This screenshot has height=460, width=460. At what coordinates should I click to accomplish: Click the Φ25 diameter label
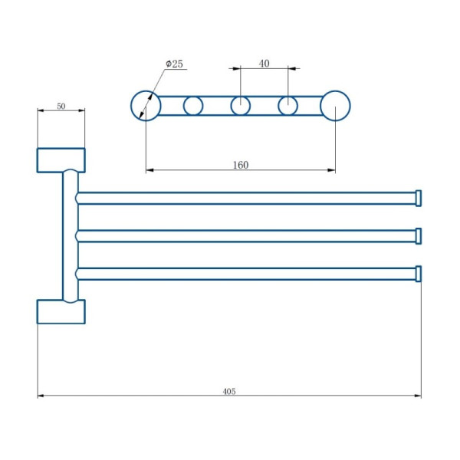[174, 64]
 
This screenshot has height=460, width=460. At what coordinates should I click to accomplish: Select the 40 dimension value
[264, 64]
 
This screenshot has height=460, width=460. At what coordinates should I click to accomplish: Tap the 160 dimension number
[241, 165]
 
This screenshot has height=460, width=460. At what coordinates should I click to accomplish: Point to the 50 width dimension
[61, 106]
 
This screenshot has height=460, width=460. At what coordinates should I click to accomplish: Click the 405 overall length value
[229, 391]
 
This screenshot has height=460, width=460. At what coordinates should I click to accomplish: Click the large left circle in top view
[131, 106]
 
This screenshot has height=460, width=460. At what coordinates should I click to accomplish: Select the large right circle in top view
[350, 106]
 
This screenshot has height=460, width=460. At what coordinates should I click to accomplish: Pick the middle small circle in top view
[232, 106]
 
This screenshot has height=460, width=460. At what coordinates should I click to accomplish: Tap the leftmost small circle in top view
[184, 106]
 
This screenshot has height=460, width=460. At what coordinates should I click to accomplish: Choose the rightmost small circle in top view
[278, 106]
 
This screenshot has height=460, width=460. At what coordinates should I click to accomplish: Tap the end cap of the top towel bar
[419, 199]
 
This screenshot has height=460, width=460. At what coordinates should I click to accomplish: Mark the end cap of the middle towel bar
[419, 236]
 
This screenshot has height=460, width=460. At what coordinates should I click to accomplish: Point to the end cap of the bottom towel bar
[419, 274]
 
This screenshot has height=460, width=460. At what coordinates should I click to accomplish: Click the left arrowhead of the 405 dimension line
[41, 396]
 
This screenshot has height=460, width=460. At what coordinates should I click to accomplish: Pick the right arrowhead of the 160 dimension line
[332, 170]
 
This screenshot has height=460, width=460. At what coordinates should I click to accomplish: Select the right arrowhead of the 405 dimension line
[418, 396]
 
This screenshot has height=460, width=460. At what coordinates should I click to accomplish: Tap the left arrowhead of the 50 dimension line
[41, 110]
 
